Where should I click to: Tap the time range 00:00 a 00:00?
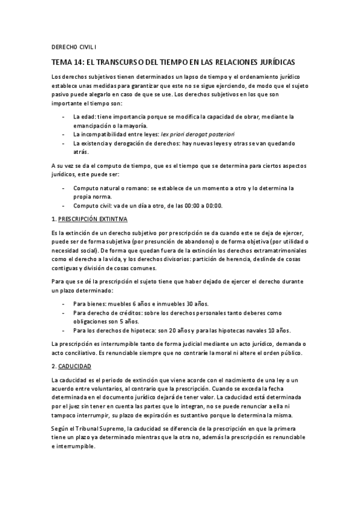[203, 205]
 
